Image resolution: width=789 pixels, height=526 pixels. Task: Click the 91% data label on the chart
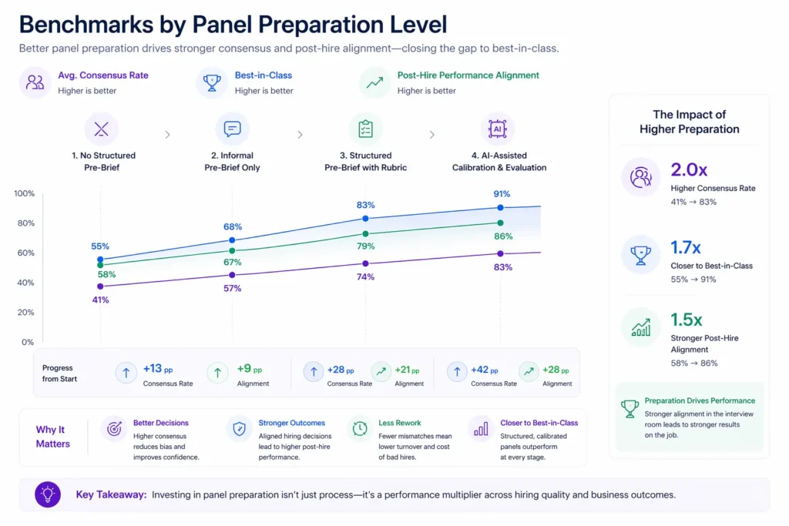[x=501, y=194]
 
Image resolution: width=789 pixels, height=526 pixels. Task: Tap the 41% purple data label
[x=100, y=300]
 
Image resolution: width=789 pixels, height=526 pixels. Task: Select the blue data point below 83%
[x=365, y=219]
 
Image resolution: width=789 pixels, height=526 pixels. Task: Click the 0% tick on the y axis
[x=27, y=342]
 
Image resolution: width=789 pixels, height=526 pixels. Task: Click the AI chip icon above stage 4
[x=497, y=129]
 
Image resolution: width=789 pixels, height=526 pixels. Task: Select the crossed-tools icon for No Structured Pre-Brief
[x=101, y=129]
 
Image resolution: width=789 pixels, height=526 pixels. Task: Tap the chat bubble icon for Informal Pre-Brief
[x=232, y=129]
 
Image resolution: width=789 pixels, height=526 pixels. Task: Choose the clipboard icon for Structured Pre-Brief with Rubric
[x=365, y=129]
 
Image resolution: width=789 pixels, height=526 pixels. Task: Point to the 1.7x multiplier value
[x=686, y=247]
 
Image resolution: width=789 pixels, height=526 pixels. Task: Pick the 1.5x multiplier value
[x=686, y=320]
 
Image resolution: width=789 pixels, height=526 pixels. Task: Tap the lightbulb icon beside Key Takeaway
[x=48, y=494]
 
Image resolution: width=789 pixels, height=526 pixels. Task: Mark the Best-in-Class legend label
[x=263, y=75]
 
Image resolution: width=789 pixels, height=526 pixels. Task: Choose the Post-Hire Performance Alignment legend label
[x=468, y=75]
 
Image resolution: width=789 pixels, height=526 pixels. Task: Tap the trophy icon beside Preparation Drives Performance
[x=630, y=407]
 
